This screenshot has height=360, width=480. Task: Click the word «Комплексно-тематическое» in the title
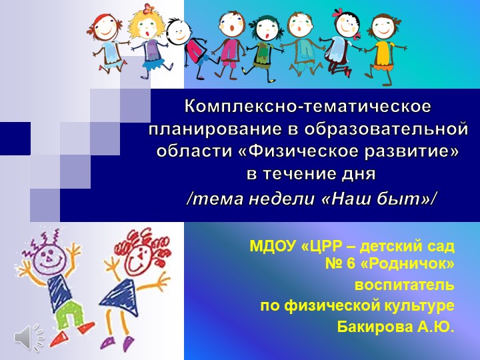point(308,106)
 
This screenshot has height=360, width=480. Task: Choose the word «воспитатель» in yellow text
point(404,285)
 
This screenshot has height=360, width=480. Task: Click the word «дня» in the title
point(360,175)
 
